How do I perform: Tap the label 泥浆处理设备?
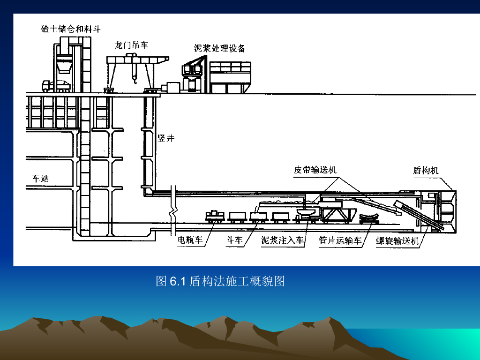219,49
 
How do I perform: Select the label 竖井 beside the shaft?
166,139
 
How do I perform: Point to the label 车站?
41,179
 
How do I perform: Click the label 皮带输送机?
315,170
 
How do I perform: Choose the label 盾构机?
426,170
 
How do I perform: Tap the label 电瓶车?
190,240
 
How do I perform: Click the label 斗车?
235,240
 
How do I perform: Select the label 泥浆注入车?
283,240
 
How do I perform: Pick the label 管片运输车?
340,240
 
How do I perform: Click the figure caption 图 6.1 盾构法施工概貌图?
220,281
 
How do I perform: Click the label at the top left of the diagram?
71,29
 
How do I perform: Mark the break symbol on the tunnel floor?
175,213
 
